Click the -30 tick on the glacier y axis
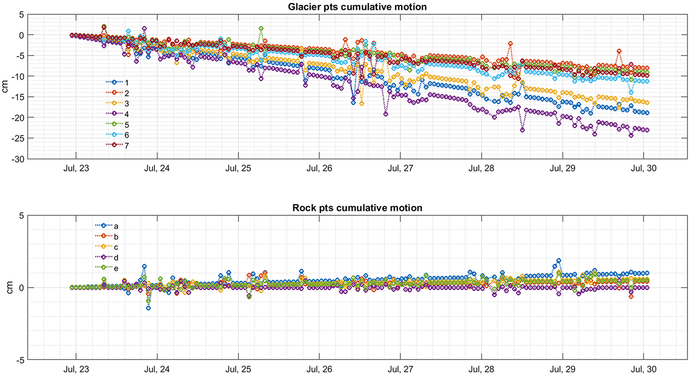pyautogui.click(x=18, y=159)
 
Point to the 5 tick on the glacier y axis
pyautogui.click(x=21, y=14)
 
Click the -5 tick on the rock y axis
pyautogui.click(x=20, y=360)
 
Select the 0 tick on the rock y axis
pyautogui.click(x=22, y=288)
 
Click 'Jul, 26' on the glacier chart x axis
pyautogui.click(x=320, y=168)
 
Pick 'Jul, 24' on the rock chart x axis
pyautogui.click(x=157, y=369)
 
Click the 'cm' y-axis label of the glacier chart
pyautogui.click(x=6, y=86)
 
